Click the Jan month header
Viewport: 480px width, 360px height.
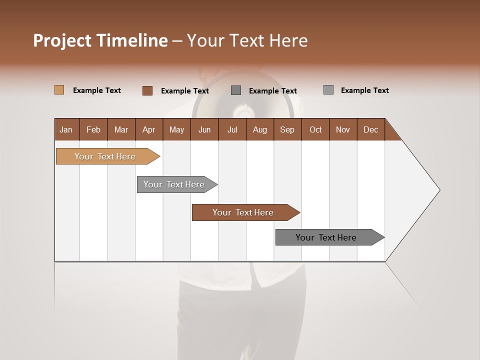coord(66,129)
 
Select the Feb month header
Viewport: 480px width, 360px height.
coord(93,129)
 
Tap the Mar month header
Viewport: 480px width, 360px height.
coord(121,129)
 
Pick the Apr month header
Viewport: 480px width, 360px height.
coord(149,129)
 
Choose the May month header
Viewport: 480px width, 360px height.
coord(176,129)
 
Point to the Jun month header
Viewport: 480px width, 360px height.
coord(204,129)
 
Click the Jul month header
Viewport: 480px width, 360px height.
coord(232,129)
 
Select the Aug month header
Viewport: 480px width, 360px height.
coord(260,129)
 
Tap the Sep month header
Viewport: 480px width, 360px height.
coord(287,129)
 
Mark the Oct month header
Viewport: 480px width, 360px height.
coord(315,129)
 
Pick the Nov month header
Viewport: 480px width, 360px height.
coord(343,129)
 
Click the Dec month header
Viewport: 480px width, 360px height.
coord(371,129)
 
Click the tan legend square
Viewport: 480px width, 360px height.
coord(59,90)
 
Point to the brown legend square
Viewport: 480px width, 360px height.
coord(147,90)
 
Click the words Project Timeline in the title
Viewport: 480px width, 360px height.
coord(100,40)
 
